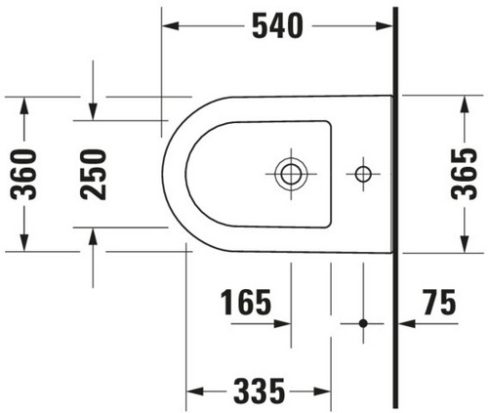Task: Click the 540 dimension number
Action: (277, 26)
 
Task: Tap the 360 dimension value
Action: (23, 175)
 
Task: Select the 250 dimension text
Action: (93, 175)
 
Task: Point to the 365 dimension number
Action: (465, 174)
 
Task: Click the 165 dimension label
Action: (246, 303)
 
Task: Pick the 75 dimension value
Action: (439, 303)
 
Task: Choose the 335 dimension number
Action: (260, 391)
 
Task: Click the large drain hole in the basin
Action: (291, 174)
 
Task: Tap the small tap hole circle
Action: (363, 174)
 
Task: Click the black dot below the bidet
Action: (363, 323)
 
